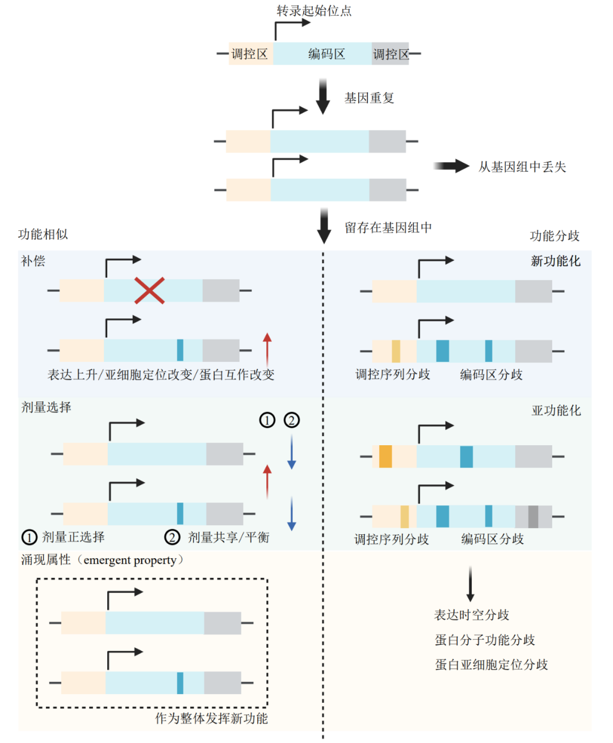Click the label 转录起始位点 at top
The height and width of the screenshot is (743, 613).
coord(314,11)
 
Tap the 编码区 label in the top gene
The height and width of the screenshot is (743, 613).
coord(326,54)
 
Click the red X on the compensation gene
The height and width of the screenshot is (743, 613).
coord(149,290)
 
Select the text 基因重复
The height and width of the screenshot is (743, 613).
coord(369,98)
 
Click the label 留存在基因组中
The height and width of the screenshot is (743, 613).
coord(388,227)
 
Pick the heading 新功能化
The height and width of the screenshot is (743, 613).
coord(555,261)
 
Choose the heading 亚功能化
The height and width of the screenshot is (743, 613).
coord(556,410)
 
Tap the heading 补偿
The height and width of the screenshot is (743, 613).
coord(33,261)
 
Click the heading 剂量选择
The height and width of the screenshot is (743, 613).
coord(47,407)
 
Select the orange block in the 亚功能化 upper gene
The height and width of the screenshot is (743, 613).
coord(385,457)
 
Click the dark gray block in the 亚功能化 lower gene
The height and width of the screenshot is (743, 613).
coord(533,517)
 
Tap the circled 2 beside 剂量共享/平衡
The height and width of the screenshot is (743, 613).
coord(173,537)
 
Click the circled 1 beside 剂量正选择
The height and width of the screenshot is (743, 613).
coord(30,537)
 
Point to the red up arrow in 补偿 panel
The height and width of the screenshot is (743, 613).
coord(267,349)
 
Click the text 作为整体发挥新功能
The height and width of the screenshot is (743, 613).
coord(211,718)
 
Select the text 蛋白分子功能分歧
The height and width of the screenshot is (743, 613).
coord(485,640)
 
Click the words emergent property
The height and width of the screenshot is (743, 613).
coord(130,560)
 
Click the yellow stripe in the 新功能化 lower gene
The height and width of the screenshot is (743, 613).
coord(396,351)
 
